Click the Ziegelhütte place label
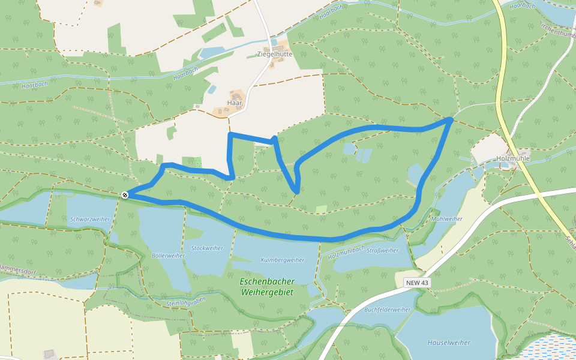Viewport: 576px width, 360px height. (x=274, y=53)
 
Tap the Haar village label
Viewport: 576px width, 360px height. (x=235, y=103)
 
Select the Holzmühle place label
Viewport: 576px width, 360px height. (x=513, y=158)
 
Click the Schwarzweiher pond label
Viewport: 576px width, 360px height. (x=90, y=220)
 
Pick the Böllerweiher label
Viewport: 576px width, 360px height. (x=169, y=255)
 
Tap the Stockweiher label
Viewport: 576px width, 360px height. (x=206, y=248)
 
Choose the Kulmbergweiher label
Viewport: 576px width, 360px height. (x=283, y=260)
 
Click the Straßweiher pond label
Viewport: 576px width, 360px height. (x=382, y=251)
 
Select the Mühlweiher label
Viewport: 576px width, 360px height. (x=446, y=219)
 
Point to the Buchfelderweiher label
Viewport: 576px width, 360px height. (x=387, y=310)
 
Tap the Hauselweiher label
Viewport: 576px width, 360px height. (x=448, y=343)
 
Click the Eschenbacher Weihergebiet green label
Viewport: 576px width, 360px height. (x=266, y=286)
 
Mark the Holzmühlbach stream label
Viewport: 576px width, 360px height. (x=346, y=251)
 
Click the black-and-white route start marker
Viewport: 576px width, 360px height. (x=125, y=194)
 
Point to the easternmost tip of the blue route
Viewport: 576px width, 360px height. (x=450, y=121)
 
